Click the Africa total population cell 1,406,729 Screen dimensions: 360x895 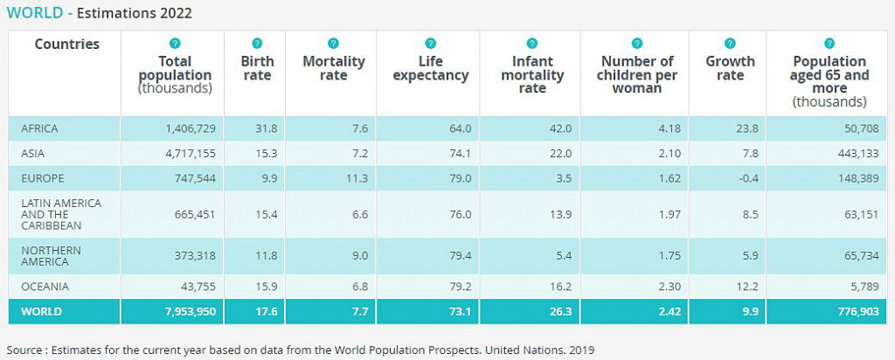(190, 128)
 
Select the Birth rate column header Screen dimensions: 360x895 (257, 68)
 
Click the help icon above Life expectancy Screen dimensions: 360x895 (430, 44)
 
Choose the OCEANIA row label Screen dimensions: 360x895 (45, 287)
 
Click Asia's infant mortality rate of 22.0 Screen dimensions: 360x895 (559, 154)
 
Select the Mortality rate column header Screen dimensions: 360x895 (333, 68)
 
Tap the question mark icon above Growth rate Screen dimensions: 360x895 (730, 44)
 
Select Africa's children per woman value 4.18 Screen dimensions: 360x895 (663, 128)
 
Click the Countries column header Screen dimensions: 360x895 (67, 45)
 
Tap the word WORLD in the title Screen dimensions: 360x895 (32, 13)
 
